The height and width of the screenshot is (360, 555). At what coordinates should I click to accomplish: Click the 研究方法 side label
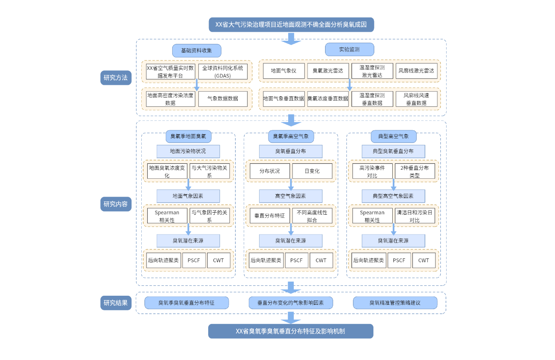116,78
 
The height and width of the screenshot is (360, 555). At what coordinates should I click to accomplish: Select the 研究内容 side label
116,204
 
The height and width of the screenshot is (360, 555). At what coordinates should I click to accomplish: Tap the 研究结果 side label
116,303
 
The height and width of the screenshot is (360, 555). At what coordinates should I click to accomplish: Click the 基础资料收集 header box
197,50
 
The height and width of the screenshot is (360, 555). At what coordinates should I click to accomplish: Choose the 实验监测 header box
349,49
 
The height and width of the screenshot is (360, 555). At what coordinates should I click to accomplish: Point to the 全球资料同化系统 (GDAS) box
223,72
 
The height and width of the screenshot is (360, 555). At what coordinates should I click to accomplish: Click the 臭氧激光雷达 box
328,71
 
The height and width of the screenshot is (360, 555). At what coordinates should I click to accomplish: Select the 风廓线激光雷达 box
416,71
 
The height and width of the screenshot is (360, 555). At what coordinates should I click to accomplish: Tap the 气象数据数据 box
223,99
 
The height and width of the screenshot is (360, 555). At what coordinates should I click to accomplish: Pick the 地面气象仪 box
283,71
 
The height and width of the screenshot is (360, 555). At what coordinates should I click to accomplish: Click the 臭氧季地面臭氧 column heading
188,137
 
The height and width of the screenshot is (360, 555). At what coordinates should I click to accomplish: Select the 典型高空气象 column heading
394,137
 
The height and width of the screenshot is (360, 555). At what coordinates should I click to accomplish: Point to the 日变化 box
312,171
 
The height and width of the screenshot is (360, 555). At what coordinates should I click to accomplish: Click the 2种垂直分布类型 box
415,171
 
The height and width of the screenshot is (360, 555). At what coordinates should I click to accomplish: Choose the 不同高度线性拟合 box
312,216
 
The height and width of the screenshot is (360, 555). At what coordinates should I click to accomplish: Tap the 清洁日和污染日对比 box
415,216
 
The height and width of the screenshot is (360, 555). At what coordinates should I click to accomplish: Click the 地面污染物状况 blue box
188,151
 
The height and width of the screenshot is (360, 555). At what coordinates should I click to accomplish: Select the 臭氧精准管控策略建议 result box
395,303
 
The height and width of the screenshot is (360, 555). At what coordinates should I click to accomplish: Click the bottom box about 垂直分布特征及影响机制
291,331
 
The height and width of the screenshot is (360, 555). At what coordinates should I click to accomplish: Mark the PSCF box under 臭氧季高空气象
296,260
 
